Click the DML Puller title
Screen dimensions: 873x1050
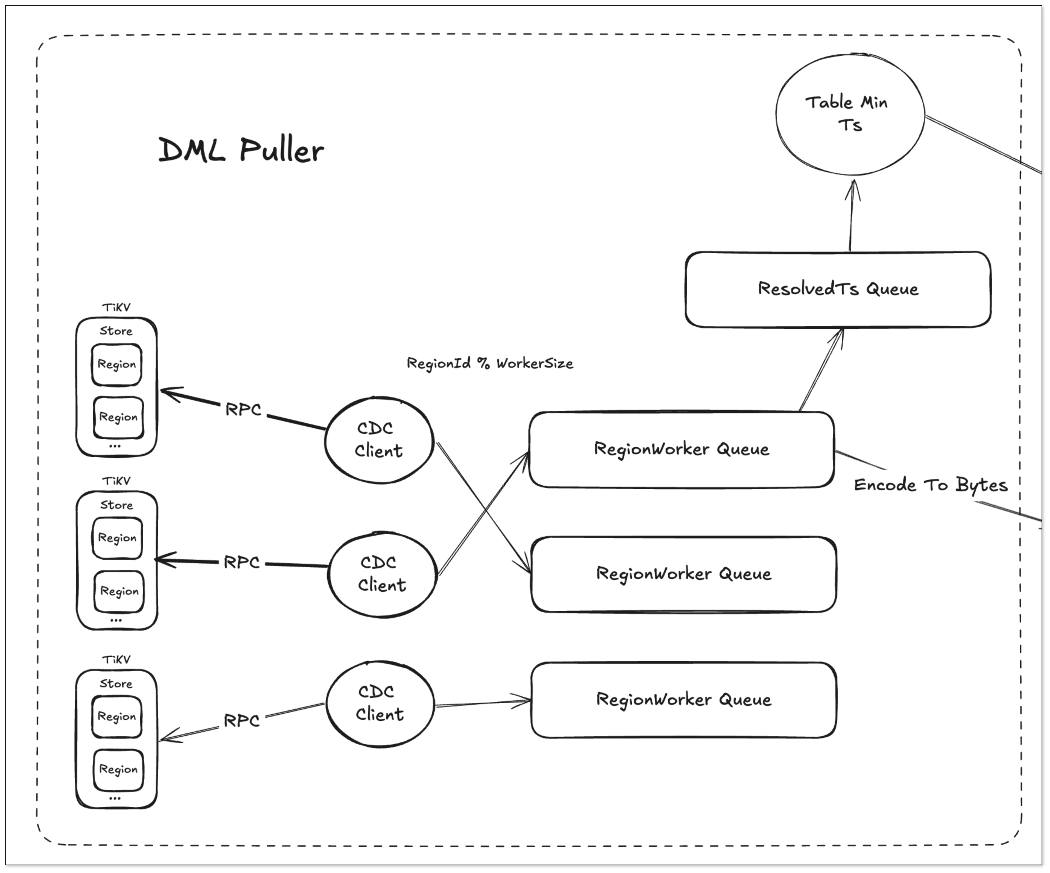[241, 150]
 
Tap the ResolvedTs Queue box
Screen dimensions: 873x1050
[838, 289]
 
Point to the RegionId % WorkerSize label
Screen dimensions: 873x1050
[490, 363]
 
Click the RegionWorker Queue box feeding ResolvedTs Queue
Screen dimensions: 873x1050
[681, 449]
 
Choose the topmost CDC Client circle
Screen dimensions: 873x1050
[379, 440]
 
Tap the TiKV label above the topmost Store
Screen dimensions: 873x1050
[116, 307]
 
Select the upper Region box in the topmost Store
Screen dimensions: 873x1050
[117, 364]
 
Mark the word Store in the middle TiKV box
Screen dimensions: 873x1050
[117, 505]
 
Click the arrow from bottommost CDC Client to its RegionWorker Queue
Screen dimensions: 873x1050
[483, 703]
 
